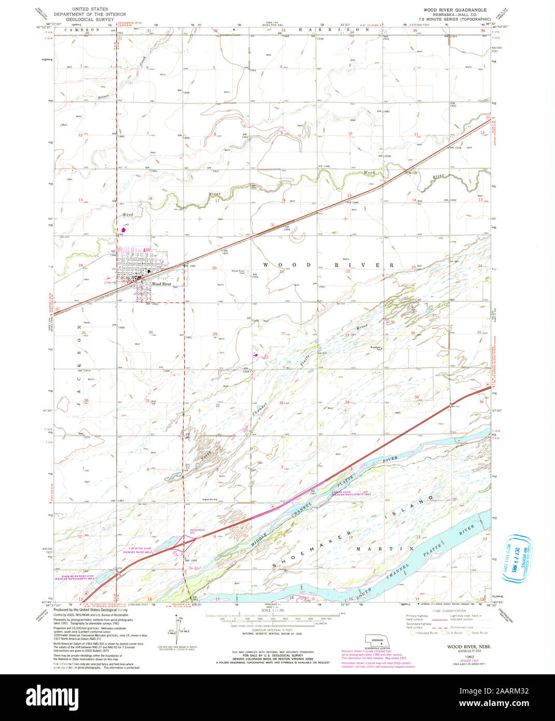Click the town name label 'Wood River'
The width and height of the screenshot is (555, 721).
click(x=161, y=284)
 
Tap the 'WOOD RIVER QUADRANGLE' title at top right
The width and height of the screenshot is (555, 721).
click(x=448, y=10)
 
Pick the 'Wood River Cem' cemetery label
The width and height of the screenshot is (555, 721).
click(x=238, y=272)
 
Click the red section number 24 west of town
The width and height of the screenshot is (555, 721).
click(x=80, y=266)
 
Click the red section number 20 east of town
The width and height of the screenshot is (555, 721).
click(x=214, y=268)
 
